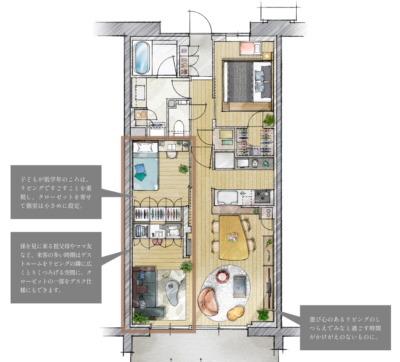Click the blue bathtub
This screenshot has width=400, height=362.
click(x=142, y=58)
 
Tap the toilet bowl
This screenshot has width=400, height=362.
click(x=179, y=127)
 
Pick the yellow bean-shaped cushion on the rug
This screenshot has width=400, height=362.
click(x=235, y=313)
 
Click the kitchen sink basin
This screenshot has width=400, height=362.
click(x=227, y=198)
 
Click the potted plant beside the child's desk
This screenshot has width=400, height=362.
click(x=183, y=169)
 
